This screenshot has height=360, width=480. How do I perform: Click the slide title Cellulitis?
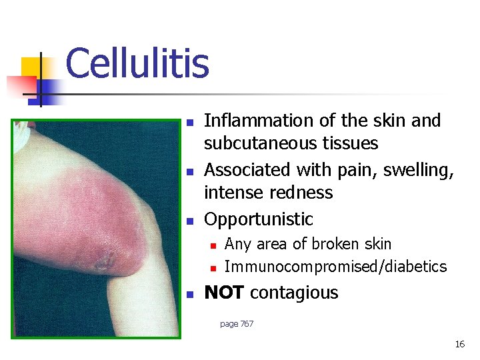click(137, 64)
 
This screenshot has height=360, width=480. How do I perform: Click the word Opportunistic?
click(259, 219)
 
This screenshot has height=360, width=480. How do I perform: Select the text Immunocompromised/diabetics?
click(335, 267)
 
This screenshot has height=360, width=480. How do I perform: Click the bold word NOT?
click(224, 293)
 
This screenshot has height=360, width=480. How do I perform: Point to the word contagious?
click(294, 293)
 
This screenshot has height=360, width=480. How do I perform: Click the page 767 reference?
click(237, 324)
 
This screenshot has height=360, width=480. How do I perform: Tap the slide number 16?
click(459, 344)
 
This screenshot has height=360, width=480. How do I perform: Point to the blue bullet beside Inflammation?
click(190, 123)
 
